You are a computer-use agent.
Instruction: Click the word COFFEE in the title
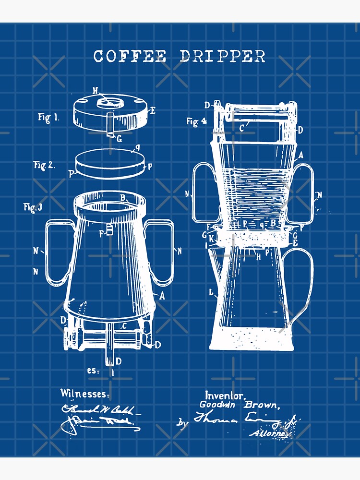click(x=130, y=56)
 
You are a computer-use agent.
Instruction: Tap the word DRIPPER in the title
click(x=223, y=56)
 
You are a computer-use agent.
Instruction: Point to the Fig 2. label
click(x=44, y=165)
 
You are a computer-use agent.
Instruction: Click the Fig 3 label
click(x=33, y=207)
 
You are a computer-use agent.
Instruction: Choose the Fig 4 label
click(x=196, y=122)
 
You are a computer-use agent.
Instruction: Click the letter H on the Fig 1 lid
click(x=96, y=90)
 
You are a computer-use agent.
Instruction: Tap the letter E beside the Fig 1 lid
click(x=153, y=111)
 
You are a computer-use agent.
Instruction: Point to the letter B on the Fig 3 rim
click(x=123, y=197)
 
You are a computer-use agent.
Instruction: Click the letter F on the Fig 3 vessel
click(x=102, y=234)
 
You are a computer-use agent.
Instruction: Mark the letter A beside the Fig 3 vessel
click(x=162, y=296)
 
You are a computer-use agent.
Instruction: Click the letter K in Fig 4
click(x=211, y=238)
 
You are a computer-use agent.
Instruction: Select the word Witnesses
click(x=84, y=394)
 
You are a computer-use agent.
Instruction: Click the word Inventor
click(x=225, y=396)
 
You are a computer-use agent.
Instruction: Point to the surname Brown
click(x=263, y=405)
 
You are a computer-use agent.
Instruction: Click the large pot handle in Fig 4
click(x=304, y=283)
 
